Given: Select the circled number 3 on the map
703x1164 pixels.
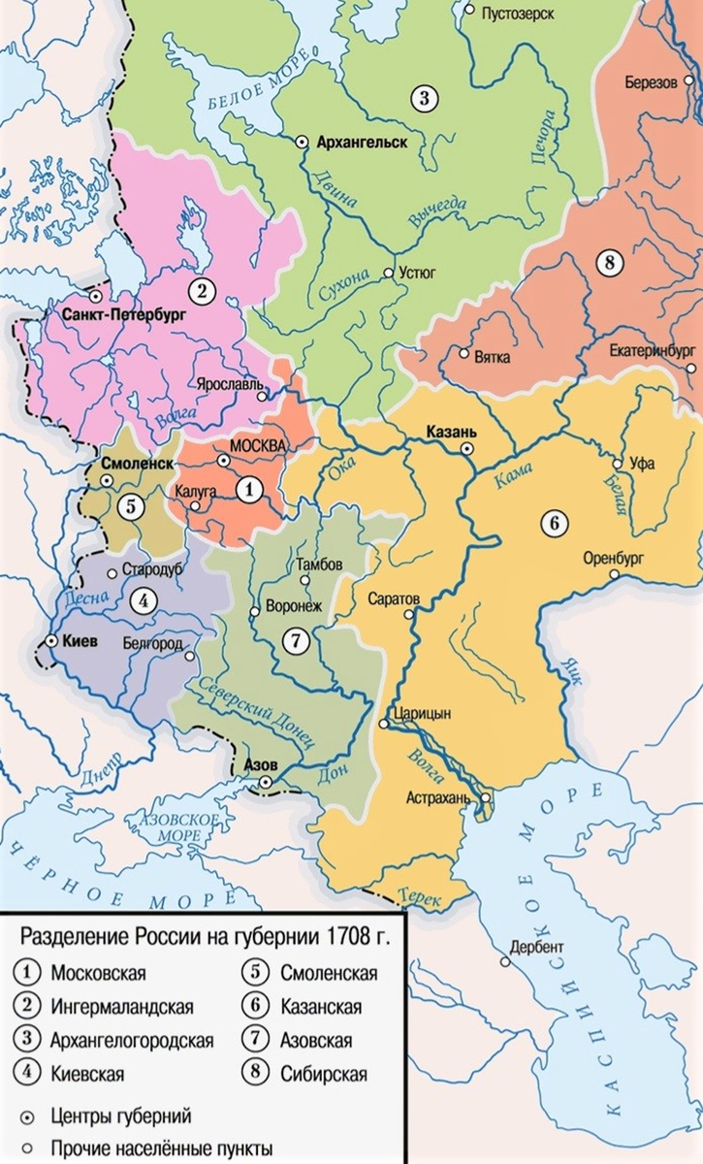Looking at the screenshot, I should [424, 96].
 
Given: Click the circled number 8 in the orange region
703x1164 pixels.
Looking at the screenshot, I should [608, 263].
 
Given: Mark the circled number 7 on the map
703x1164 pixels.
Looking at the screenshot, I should [295, 639].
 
